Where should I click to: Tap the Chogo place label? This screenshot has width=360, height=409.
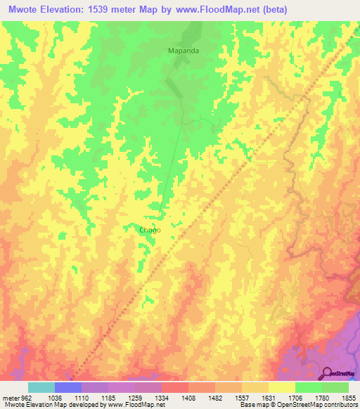point(150,230)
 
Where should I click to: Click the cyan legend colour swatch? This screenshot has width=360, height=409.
point(41,387)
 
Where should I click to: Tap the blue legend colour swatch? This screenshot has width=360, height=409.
point(67,387)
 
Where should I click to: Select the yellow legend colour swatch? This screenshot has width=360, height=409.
point(281,387)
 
